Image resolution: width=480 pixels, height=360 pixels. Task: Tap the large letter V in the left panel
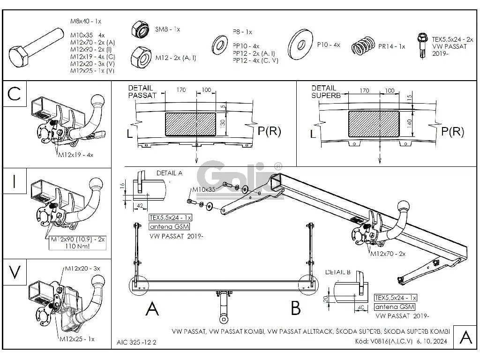(15, 272)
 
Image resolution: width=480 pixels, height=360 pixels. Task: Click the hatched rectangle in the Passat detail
(191, 124)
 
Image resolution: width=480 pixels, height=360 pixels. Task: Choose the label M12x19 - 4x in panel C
(76, 154)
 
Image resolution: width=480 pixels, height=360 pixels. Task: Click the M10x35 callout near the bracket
(203, 190)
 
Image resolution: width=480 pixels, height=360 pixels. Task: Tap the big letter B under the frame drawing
(295, 308)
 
